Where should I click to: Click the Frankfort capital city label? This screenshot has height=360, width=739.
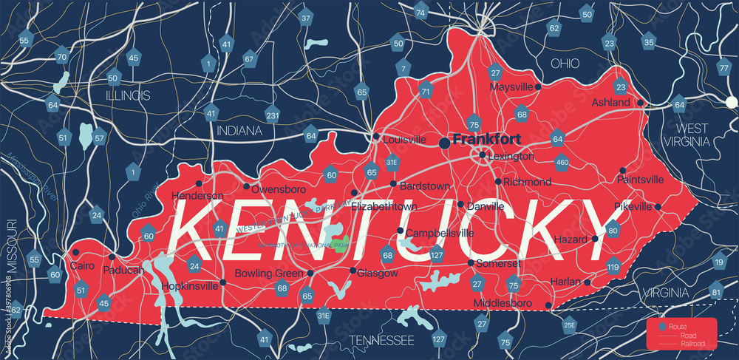pyautogui.click(x=486, y=138)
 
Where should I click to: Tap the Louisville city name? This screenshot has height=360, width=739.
pyautogui.click(x=403, y=139)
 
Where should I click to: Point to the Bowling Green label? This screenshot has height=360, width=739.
pyautogui.click(x=269, y=274)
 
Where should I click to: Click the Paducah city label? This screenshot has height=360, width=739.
pyautogui.click(x=123, y=270)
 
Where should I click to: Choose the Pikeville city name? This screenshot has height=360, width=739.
pyautogui.click(x=633, y=206)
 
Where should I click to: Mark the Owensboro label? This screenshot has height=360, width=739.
pyautogui.click(x=276, y=188)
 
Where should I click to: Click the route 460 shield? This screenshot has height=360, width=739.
pyautogui.click(x=562, y=162)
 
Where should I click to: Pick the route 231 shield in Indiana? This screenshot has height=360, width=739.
pyautogui.click(x=273, y=115)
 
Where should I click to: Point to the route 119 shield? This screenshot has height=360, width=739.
pyautogui.click(x=613, y=266)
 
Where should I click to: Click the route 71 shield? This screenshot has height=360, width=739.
pyautogui.click(x=425, y=92)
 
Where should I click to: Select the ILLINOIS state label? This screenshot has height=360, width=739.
pyautogui.click(x=127, y=95)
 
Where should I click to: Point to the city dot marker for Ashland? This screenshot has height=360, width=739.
pyautogui.click(x=641, y=103)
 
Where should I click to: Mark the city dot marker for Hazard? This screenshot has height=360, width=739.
pyautogui.click(x=595, y=239)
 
